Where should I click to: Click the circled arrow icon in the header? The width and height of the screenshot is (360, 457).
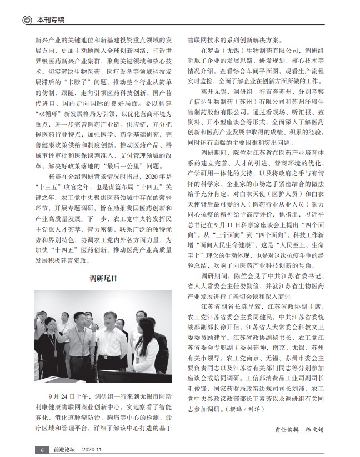coord(26,21)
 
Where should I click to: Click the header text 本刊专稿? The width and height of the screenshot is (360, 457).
coord(51,21)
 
